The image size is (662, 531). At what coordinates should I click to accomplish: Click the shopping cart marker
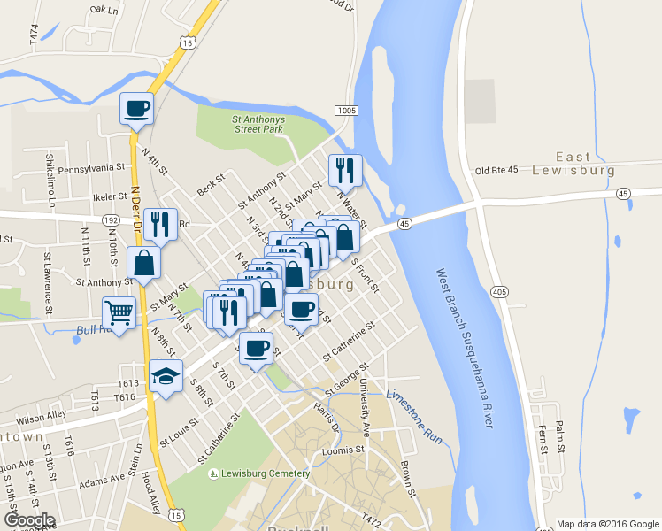119,312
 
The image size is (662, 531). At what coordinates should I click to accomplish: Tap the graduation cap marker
165,375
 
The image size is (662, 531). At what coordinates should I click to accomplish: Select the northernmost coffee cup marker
137,108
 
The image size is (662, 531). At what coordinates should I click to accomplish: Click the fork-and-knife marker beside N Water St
345,169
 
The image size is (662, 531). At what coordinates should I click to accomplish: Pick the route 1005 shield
346,110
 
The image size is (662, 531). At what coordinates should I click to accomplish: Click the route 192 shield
111,219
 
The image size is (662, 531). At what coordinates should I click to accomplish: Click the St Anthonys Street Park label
258,123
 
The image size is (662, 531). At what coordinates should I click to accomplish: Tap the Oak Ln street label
103,11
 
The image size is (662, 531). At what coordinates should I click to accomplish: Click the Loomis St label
343,450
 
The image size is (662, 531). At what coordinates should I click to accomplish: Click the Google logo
29,520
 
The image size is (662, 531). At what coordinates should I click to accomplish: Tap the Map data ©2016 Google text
607,524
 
